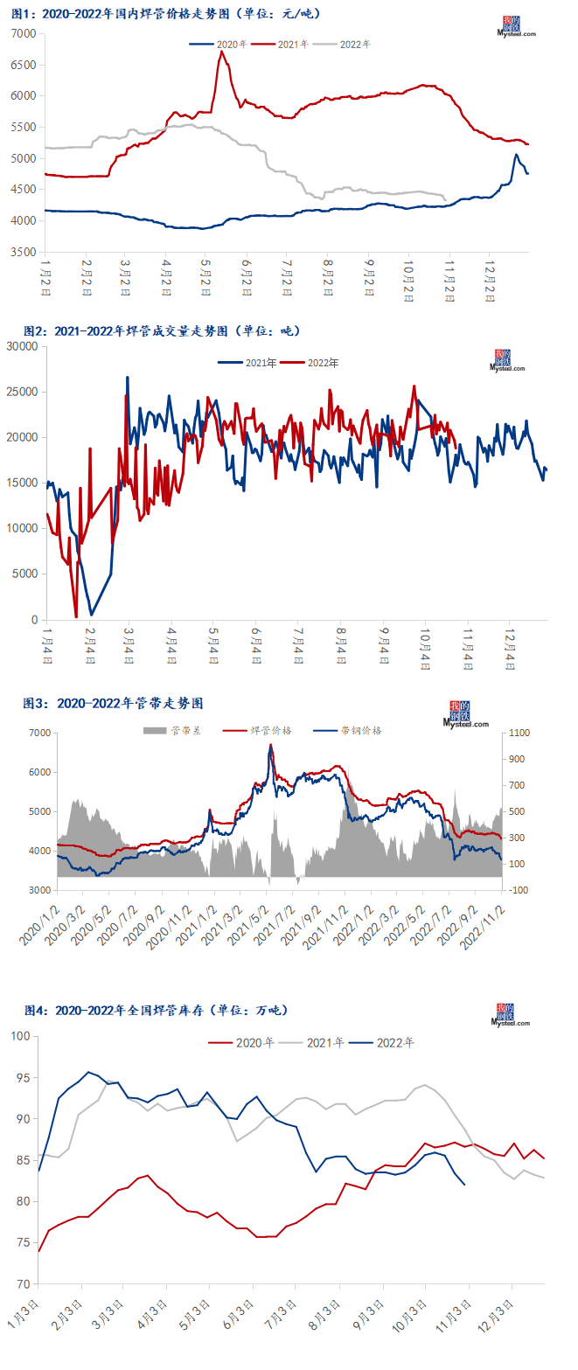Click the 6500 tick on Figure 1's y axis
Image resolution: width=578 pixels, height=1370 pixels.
click(24, 65)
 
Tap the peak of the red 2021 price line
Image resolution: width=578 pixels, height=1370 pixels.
click(221, 52)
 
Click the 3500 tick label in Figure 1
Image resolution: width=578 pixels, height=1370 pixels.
click(24, 253)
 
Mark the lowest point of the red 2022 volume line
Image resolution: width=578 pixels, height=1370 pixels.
click(76, 616)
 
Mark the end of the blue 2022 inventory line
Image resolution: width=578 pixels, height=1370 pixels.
click(464, 1185)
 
